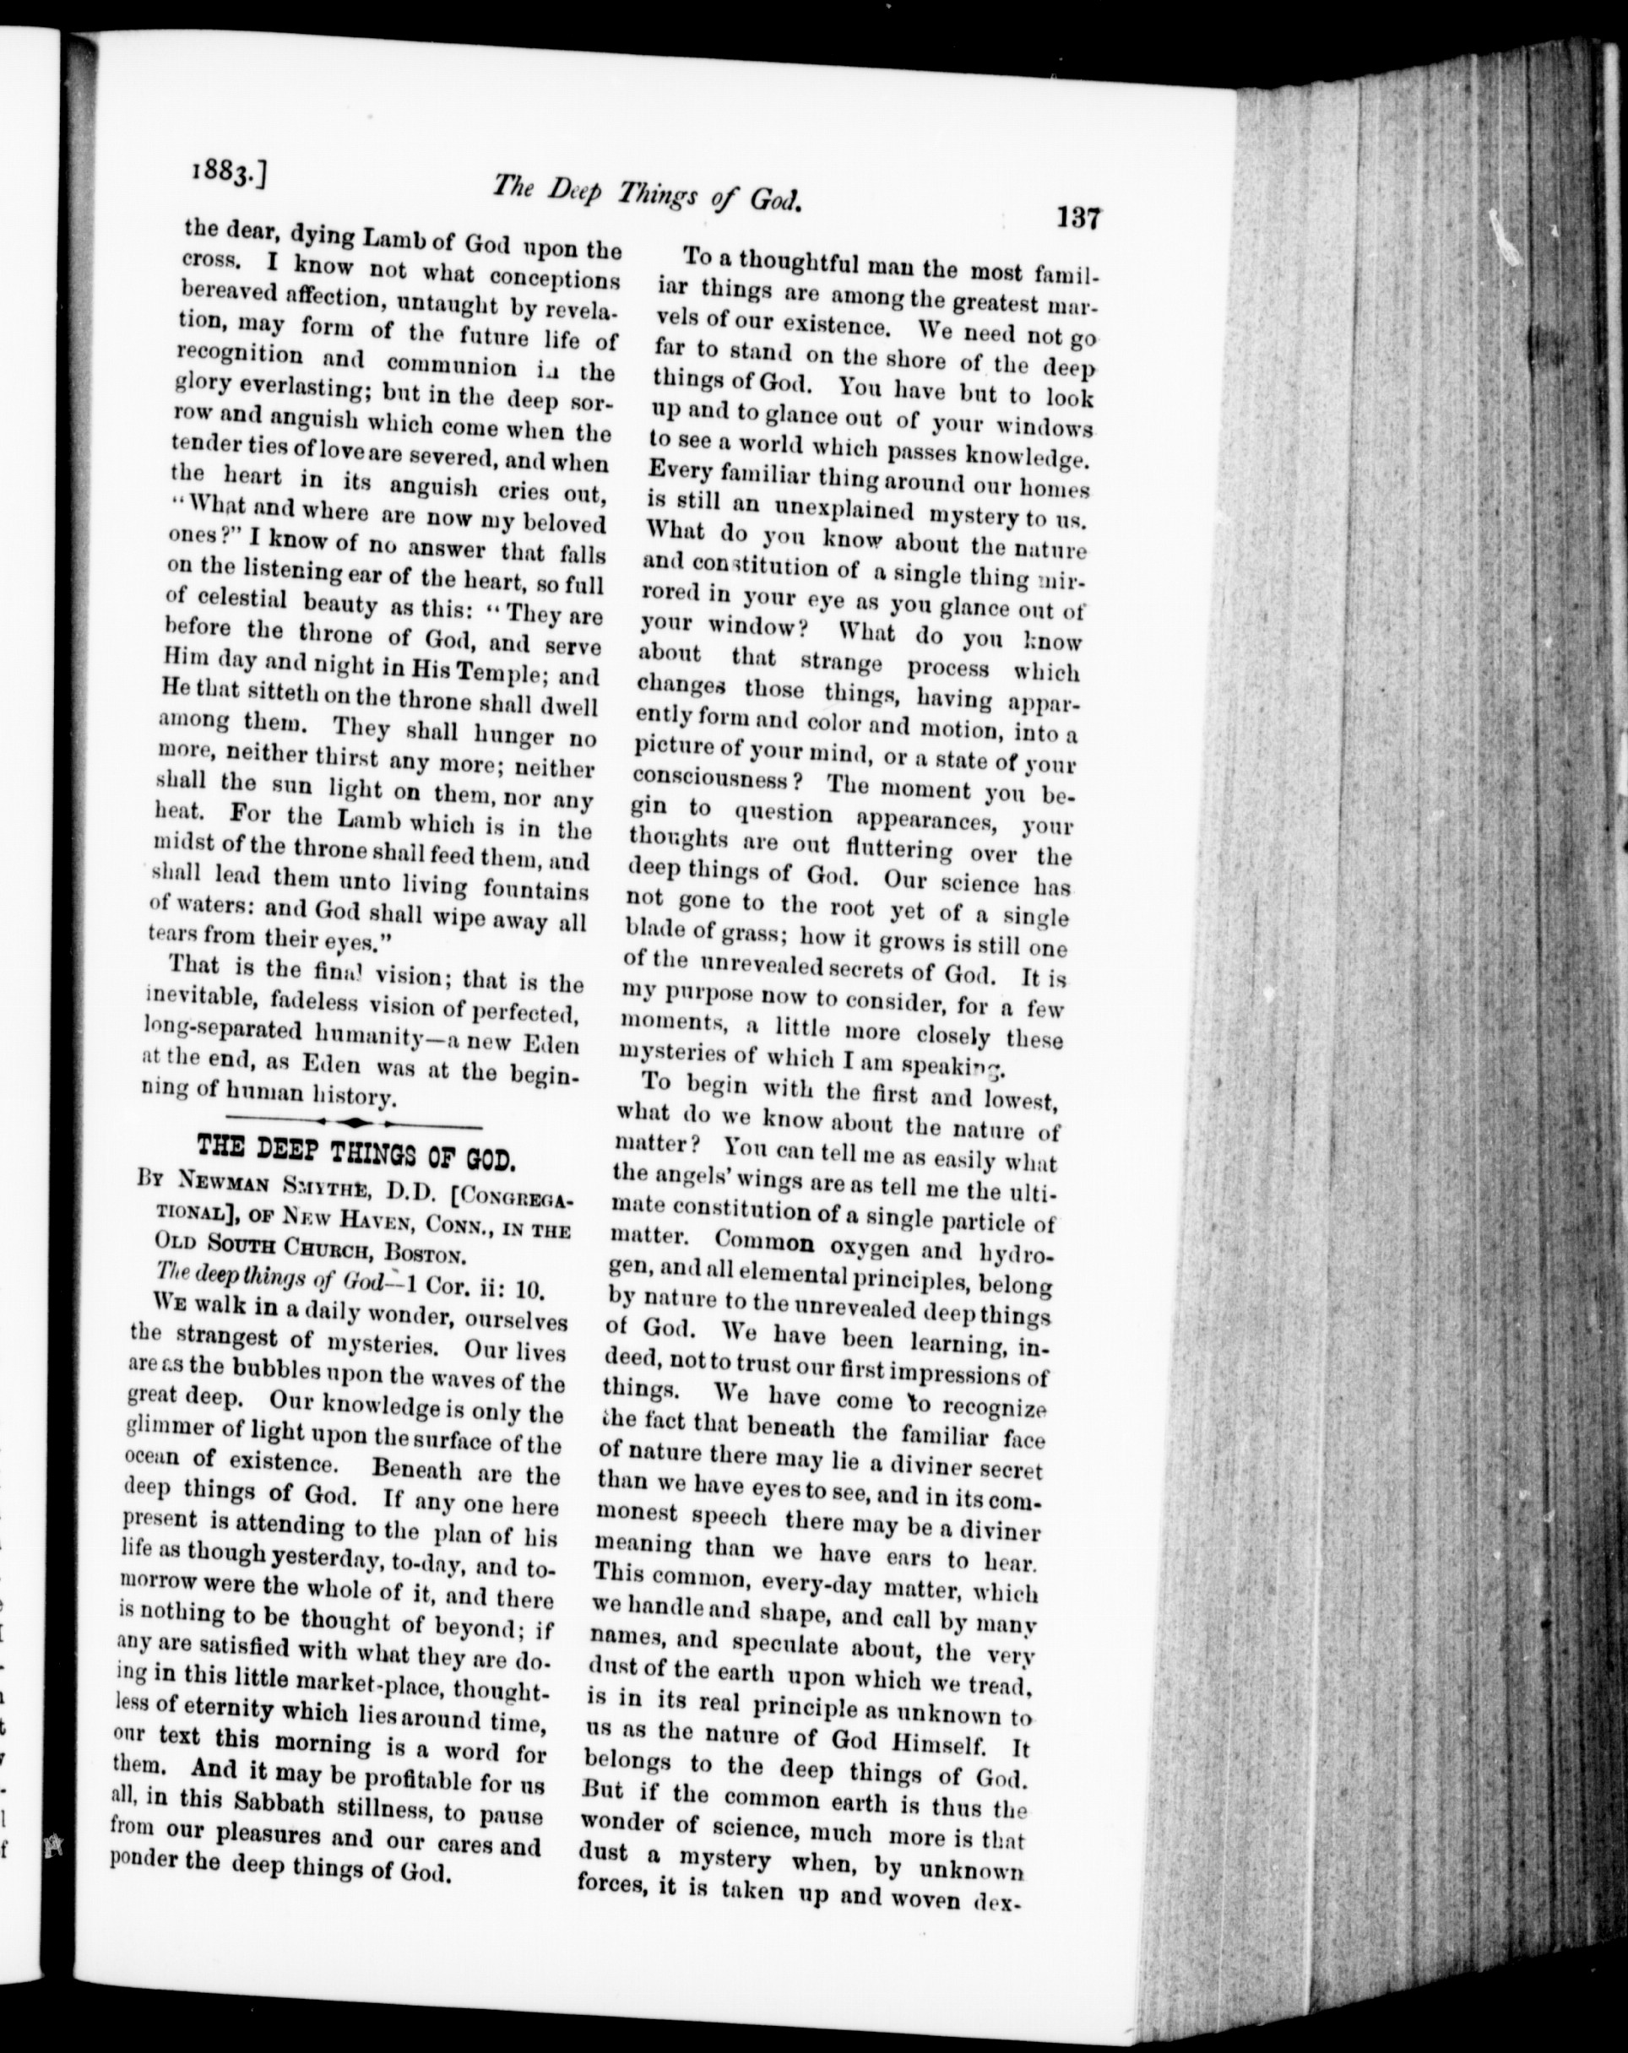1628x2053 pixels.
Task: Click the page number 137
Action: (1078, 218)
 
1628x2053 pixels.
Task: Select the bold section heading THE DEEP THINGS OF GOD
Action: (356, 1159)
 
